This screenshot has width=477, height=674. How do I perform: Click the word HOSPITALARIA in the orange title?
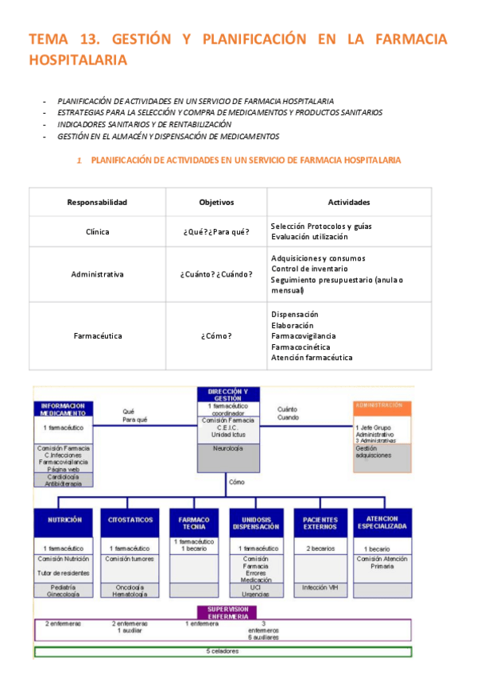(x=78, y=59)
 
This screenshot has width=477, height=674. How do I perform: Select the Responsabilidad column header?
(x=97, y=202)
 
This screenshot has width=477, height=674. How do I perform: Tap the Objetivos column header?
(x=216, y=202)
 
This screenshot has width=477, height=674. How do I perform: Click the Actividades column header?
(x=348, y=202)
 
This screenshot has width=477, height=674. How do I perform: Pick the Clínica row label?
(x=97, y=231)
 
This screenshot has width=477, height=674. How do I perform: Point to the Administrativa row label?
(x=97, y=274)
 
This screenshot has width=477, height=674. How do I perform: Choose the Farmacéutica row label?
(x=97, y=336)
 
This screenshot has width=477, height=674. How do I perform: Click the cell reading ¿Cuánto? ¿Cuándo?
(x=216, y=274)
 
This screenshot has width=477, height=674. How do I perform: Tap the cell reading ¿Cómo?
(x=216, y=336)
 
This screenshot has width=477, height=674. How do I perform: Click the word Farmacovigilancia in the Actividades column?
(x=303, y=336)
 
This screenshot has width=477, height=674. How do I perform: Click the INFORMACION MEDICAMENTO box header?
(x=64, y=409)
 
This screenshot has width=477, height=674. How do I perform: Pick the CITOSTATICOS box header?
(x=130, y=521)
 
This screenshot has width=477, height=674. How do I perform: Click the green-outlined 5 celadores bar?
(x=223, y=652)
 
